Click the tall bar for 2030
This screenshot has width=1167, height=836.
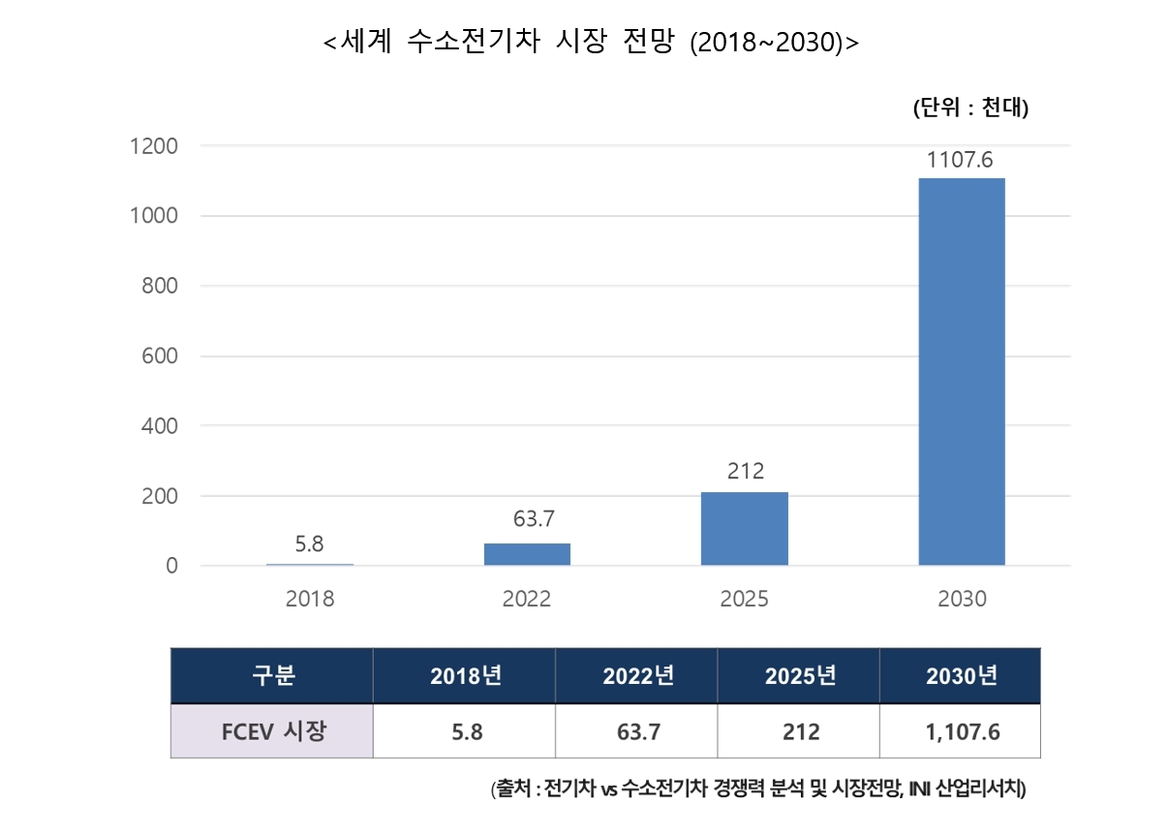tap(962, 372)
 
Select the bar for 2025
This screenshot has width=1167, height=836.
tap(745, 529)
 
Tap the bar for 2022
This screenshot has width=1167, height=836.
tap(527, 554)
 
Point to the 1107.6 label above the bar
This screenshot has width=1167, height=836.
tap(960, 160)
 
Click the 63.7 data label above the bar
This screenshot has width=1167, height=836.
tap(534, 518)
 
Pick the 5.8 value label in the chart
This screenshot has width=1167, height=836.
tap(310, 544)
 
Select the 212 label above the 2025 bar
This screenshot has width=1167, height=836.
tap(746, 471)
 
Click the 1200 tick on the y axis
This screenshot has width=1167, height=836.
tap(154, 146)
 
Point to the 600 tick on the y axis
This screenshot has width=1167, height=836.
tap(160, 356)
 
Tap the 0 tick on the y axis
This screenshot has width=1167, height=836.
tap(172, 566)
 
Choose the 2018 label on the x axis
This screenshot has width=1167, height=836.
tap(310, 599)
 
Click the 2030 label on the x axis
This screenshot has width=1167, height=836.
tap(963, 599)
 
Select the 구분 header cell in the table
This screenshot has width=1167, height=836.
tap(273, 675)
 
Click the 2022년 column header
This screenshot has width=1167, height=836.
tap(639, 676)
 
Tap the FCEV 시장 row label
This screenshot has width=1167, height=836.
tap(274, 731)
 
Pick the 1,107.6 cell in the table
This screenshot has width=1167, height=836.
tap(963, 732)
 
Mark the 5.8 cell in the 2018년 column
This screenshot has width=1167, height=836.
tap(467, 732)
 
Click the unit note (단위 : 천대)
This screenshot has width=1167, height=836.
tap(971, 108)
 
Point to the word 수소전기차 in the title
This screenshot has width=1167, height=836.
tap(473, 41)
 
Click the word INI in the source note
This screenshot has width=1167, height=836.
tap(919, 790)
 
